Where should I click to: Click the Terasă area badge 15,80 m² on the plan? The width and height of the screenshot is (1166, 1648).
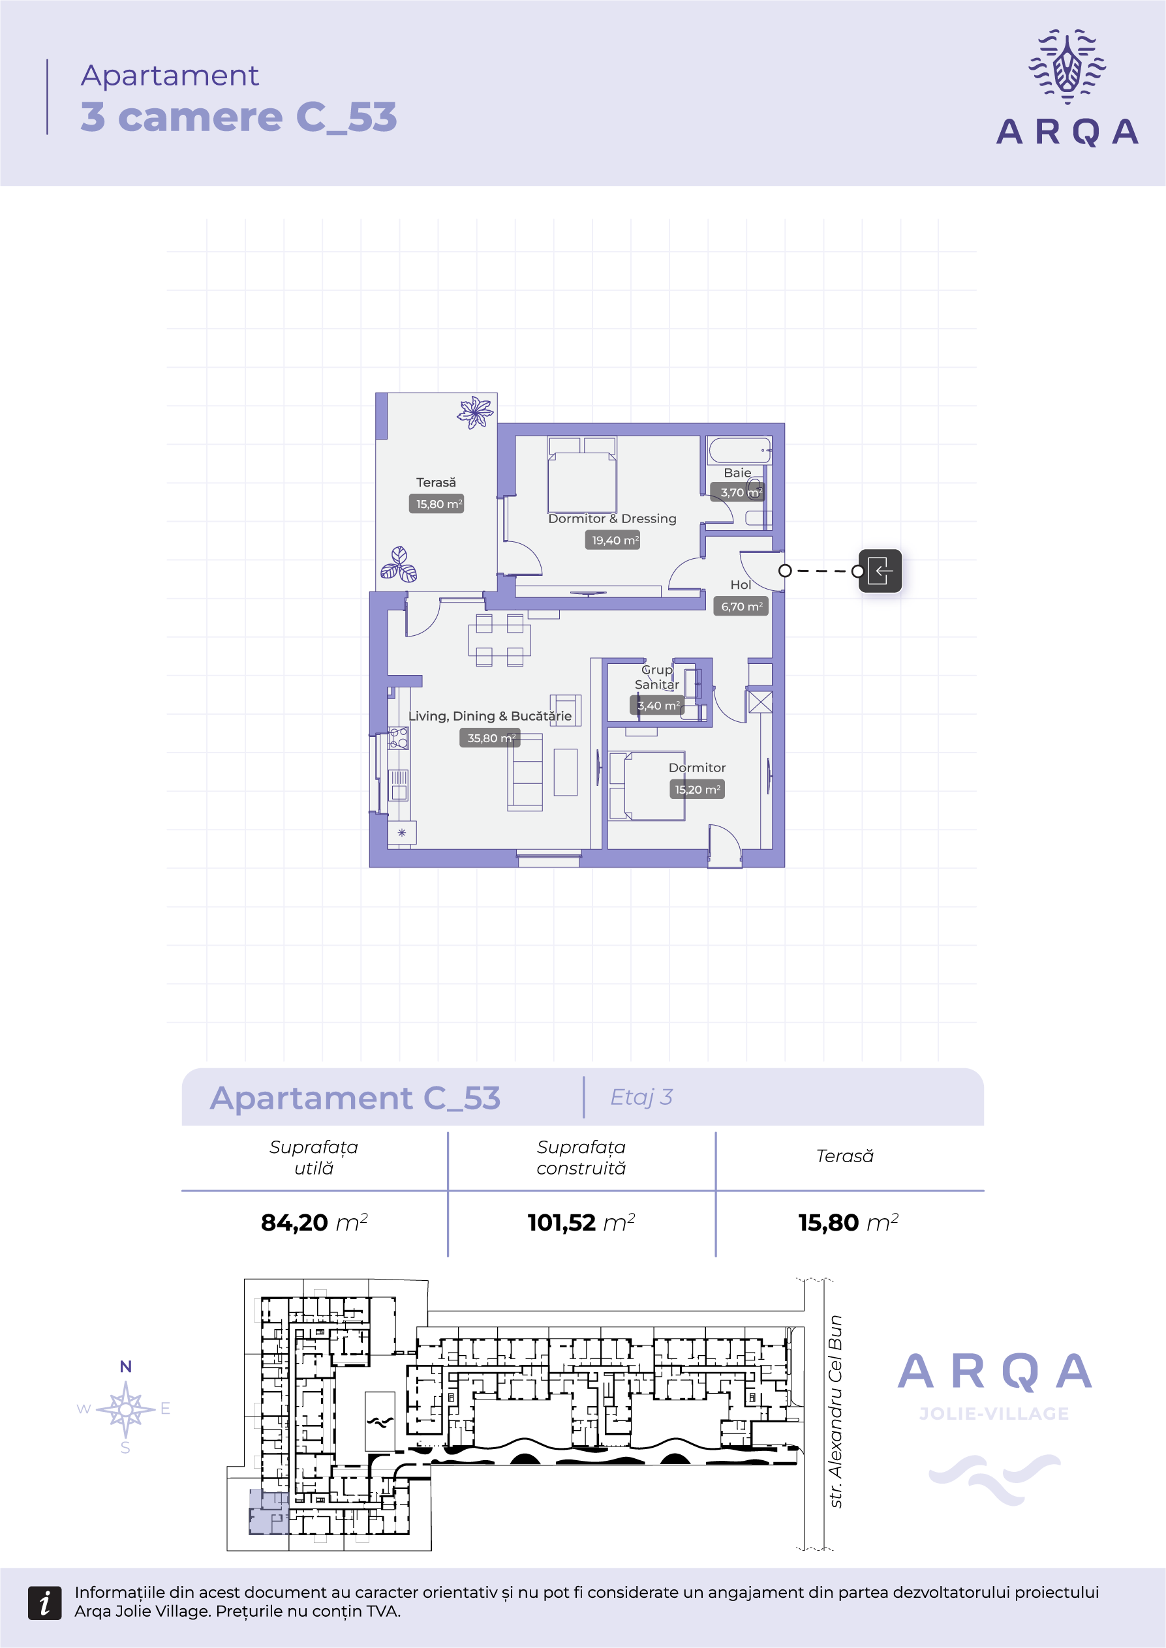click(436, 504)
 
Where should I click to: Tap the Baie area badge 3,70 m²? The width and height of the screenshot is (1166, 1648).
click(737, 492)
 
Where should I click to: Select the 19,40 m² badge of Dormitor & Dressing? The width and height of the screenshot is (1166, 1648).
click(613, 540)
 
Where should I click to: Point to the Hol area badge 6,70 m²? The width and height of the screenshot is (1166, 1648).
click(741, 607)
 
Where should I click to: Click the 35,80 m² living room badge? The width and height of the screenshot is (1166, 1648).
click(489, 738)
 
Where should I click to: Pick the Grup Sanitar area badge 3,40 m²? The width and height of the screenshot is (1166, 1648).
click(657, 706)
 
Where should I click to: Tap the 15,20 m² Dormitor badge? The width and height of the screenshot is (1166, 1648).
click(697, 790)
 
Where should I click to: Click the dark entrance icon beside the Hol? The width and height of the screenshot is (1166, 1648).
click(880, 571)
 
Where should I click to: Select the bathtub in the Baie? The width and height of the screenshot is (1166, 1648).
click(739, 450)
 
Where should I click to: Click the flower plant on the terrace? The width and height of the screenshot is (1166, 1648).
click(475, 413)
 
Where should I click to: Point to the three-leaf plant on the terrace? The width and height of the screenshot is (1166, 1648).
click(399, 564)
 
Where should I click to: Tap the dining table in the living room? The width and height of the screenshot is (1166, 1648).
click(500, 640)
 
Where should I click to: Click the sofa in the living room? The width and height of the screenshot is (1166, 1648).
click(525, 772)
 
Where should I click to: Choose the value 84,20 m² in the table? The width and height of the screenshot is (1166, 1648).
click(315, 1221)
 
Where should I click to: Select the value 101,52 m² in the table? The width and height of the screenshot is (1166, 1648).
click(581, 1221)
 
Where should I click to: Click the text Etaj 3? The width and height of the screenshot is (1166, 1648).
click(641, 1097)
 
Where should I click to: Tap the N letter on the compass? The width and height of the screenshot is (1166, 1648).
click(126, 1367)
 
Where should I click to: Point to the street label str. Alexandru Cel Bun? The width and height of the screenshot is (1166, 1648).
click(835, 1411)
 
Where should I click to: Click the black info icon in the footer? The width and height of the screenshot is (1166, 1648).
click(44, 1603)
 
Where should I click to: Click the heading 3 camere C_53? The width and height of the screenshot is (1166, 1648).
click(238, 117)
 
